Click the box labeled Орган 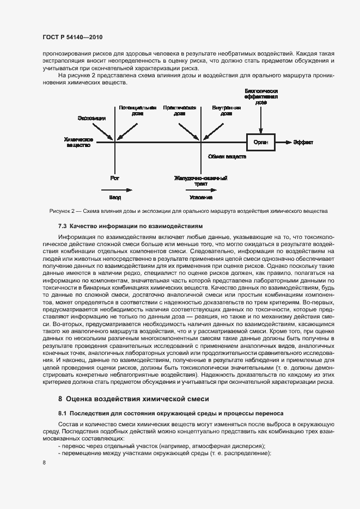261,142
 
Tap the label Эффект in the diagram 303,142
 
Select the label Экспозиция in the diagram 91,118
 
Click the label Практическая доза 179,111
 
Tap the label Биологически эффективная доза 261,96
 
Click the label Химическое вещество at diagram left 78,142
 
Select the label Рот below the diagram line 114,177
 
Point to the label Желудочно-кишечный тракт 200,181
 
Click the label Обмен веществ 227,156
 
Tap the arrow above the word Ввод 117,190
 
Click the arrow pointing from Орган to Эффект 283,142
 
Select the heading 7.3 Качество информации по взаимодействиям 130,225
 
